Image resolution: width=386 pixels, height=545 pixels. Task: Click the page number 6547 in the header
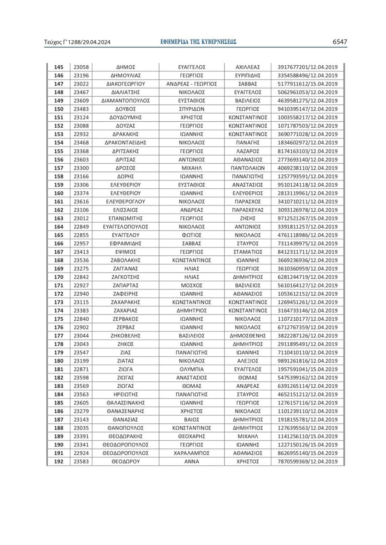click(340, 42)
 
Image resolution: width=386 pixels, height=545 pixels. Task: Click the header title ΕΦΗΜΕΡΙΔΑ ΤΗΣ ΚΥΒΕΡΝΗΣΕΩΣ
click(198, 42)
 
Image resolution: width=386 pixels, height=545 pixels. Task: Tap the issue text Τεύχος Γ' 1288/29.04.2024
click(77, 42)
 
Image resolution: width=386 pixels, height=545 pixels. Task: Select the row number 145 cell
click(59, 67)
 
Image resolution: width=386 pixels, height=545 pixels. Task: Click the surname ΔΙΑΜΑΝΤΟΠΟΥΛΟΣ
click(125, 101)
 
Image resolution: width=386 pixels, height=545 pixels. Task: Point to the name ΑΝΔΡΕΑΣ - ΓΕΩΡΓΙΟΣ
click(192, 84)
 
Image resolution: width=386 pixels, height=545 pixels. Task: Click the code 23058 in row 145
click(81, 67)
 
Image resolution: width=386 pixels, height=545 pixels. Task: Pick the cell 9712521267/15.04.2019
click(307, 218)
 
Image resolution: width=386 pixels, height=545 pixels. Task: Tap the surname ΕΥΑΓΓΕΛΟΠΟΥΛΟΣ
click(125, 226)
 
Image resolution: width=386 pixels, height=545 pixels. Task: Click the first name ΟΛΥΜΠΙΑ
click(192, 369)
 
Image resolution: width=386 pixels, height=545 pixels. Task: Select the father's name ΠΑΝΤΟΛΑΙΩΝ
click(248, 168)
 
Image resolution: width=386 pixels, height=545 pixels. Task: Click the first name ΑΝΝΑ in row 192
click(192, 462)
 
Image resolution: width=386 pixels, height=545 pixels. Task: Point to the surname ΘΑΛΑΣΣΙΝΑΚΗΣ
click(125, 403)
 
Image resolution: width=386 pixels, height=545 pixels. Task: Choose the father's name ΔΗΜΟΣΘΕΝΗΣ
click(248, 336)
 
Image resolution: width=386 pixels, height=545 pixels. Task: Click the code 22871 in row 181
click(81, 369)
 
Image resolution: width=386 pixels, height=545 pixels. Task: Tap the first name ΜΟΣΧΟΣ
click(192, 285)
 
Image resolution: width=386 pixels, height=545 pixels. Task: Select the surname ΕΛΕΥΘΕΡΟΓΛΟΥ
click(125, 202)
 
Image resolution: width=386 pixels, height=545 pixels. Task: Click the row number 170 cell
click(59, 277)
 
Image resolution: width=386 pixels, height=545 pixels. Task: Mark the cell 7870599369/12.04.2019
click(307, 462)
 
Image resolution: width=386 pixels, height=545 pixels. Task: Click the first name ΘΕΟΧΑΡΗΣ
click(192, 436)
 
